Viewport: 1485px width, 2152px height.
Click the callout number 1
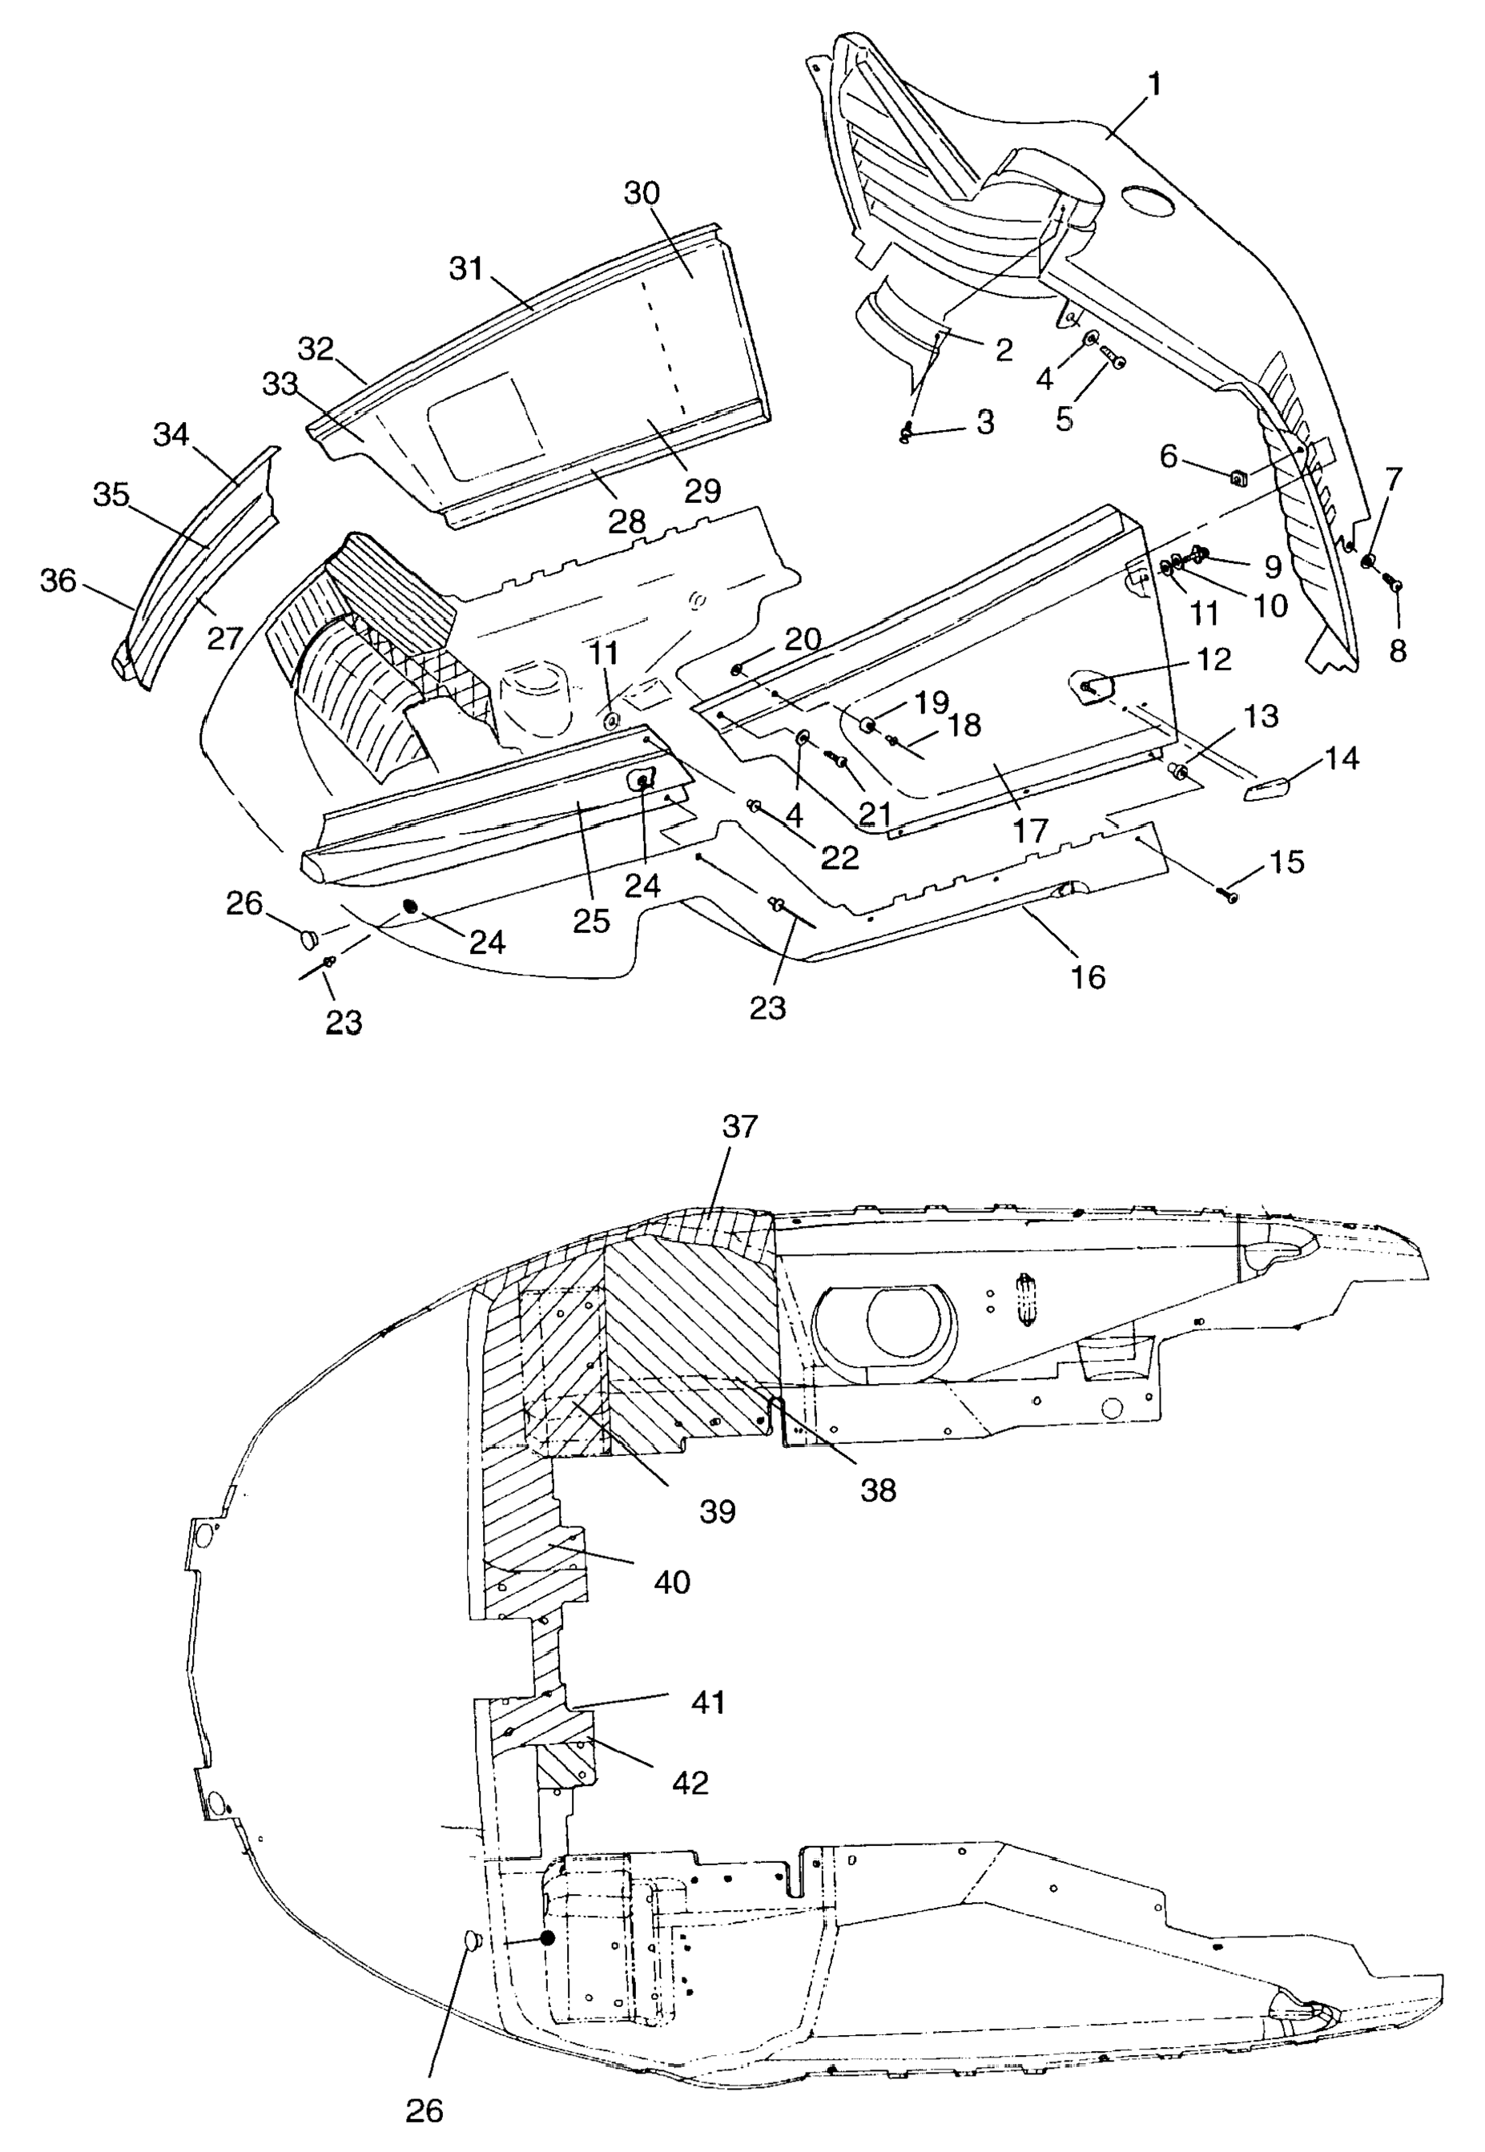[1153, 85]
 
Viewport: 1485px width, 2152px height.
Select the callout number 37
[740, 1128]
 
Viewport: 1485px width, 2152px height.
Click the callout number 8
[1397, 651]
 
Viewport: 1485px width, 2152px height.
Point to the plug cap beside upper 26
[309, 936]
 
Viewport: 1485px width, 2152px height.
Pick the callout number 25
[591, 922]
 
